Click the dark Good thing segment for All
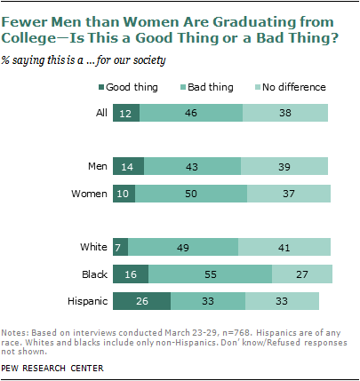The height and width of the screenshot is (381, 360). (126, 113)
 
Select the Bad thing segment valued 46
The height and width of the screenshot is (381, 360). (191, 113)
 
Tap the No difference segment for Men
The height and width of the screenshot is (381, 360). (284, 166)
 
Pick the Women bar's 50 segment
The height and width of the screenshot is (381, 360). (191, 194)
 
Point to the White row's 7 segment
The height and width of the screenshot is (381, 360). (121, 247)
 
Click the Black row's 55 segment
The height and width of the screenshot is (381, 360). (211, 274)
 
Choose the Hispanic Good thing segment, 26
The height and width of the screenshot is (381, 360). (141, 301)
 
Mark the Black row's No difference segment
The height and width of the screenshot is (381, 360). (302, 274)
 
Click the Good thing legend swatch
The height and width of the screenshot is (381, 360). (101, 87)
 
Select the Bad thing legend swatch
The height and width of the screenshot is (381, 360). (183, 87)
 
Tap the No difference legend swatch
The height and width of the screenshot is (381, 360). (258, 87)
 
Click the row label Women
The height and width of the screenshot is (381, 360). (89, 194)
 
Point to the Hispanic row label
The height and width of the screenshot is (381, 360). (88, 301)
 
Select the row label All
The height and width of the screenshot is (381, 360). (101, 113)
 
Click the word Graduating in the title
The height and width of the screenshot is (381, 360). (254, 22)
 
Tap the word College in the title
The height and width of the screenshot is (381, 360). (28, 38)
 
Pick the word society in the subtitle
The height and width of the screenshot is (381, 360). (149, 60)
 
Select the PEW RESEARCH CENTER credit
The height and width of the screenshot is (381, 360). (52, 369)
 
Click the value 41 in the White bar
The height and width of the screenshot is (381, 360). (284, 248)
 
